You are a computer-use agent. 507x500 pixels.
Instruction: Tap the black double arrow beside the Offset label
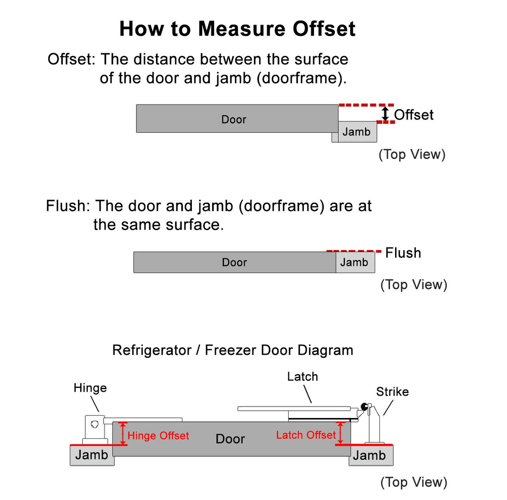tap(385, 113)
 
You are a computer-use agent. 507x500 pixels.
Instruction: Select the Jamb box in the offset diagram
tap(357, 132)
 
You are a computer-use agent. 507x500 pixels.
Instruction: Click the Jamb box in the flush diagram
tap(355, 262)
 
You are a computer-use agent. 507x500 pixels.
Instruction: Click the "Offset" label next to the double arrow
tap(414, 115)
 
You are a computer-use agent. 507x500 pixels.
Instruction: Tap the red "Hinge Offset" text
tap(158, 435)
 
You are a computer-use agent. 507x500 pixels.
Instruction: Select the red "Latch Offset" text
tap(306, 435)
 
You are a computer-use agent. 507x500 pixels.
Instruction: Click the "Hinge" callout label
tap(90, 388)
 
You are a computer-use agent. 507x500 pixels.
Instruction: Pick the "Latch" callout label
tap(303, 376)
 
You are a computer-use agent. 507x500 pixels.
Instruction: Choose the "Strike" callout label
tap(392, 391)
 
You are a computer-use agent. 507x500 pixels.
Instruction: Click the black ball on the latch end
tap(364, 407)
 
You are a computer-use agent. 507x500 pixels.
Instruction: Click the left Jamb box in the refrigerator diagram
tap(92, 455)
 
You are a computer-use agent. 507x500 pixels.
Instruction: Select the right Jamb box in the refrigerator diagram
tap(371, 455)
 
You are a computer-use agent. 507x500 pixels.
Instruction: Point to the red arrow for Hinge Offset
tap(123, 433)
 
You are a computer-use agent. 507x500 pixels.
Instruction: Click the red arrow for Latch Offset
tap(340, 433)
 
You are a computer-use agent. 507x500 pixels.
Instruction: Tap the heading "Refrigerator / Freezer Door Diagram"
tap(232, 350)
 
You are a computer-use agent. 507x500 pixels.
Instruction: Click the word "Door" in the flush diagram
tap(234, 262)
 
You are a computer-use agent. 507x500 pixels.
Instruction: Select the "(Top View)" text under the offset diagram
tap(412, 154)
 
